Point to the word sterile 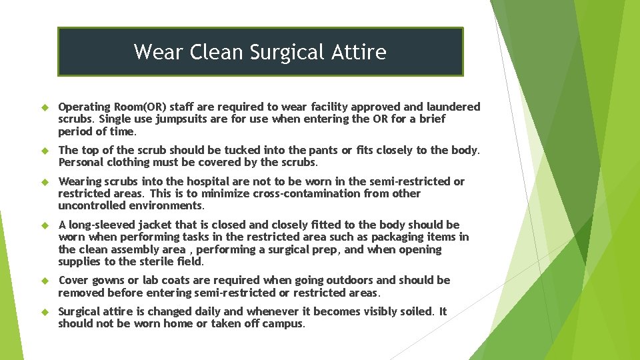(158, 262)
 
